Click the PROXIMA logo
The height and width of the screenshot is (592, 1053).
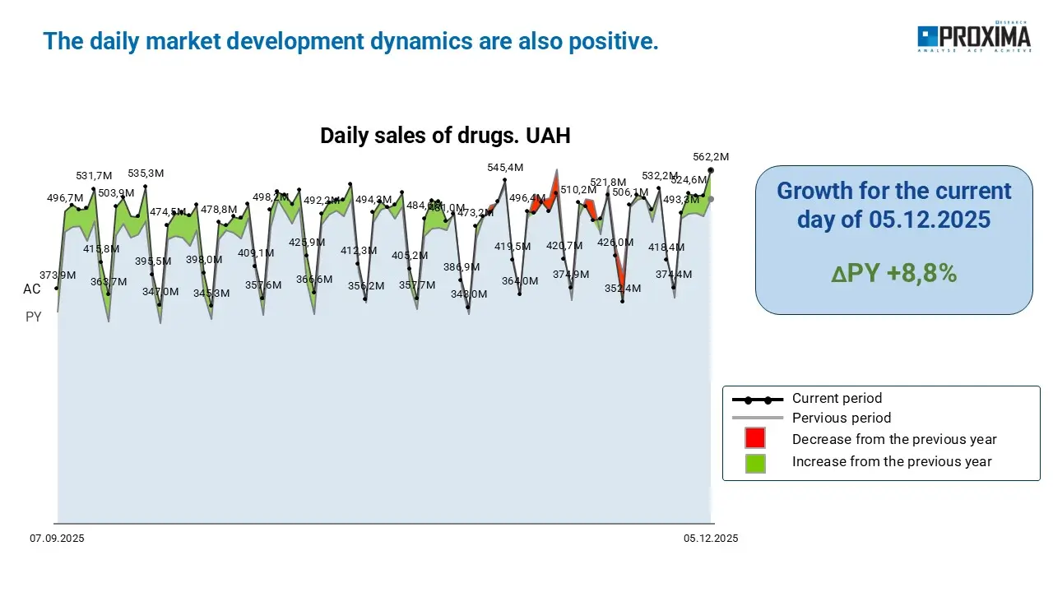[x=974, y=38]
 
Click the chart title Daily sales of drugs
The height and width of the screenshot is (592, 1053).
[x=445, y=136]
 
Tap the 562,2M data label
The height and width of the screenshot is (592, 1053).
[x=712, y=157]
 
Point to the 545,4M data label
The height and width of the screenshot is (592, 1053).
[x=505, y=168]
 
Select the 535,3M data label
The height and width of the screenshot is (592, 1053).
[x=146, y=173]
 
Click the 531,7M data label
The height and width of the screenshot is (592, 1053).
[x=94, y=176]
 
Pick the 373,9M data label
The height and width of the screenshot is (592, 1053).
[x=58, y=275]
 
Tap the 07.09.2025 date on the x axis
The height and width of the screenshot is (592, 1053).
[x=58, y=539]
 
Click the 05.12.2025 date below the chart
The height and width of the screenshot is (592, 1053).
[x=711, y=539]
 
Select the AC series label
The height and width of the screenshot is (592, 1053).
[x=32, y=289]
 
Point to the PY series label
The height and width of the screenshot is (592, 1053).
[x=34, y=317]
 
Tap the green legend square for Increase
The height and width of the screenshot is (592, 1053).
[x=755, y=462]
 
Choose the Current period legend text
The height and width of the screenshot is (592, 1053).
[x=837, y=399]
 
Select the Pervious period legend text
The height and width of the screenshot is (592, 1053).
[x=842, y=418]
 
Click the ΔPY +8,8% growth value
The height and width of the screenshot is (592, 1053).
[x=893, y=274]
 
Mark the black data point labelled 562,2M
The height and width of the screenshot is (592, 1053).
[x=711, y=170]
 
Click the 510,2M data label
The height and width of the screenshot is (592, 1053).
[x=578, y=190]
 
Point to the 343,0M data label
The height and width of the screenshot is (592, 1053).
[x=468, y=294]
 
